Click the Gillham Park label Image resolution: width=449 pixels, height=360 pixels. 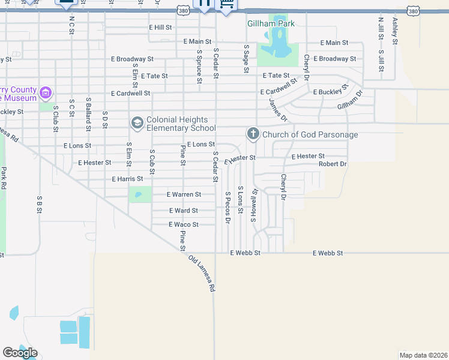click(x=271, y=23)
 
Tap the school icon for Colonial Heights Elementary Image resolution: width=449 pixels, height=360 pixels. click(x=137, y=123)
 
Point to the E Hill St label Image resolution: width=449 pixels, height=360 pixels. click(x=160, y=28)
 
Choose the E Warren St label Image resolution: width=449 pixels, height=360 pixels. click(x=184, y=194)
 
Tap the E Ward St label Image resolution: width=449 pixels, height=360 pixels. click(x=184, y=211)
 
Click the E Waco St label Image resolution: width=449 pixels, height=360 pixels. click(x=184, y=224)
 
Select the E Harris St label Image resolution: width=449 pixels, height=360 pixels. click(x=127, y=179)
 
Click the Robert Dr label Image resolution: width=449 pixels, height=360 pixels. click(x=333, y=164)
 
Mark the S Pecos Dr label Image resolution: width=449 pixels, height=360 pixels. click(x=228, y=207)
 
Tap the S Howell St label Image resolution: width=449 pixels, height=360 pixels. click(x=255, y=205)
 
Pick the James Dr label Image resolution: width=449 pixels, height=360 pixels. click(x=279, y=110)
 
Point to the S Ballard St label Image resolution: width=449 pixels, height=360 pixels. click(x=88, y=113)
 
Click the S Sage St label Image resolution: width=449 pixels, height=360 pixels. click(x=246, y=59)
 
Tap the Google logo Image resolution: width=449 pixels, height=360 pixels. click(x=20, y=353)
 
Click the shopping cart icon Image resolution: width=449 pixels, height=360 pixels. click(x=226, y=5)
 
